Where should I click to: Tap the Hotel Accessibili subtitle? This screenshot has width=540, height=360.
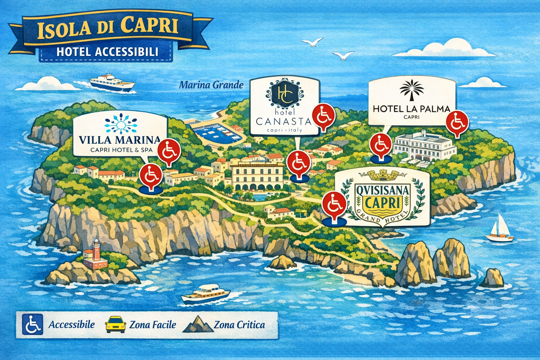[107, 52]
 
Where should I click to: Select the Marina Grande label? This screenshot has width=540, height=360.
[211, 85]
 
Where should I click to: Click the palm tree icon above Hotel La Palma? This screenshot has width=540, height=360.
[412, 92]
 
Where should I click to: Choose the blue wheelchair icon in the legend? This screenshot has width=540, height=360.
[32, 324]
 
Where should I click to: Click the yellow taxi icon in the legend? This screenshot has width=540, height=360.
[115, 324]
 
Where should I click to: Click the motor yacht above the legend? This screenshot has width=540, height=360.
[205, 294]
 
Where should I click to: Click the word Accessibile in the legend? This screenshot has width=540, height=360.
[71, 324]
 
